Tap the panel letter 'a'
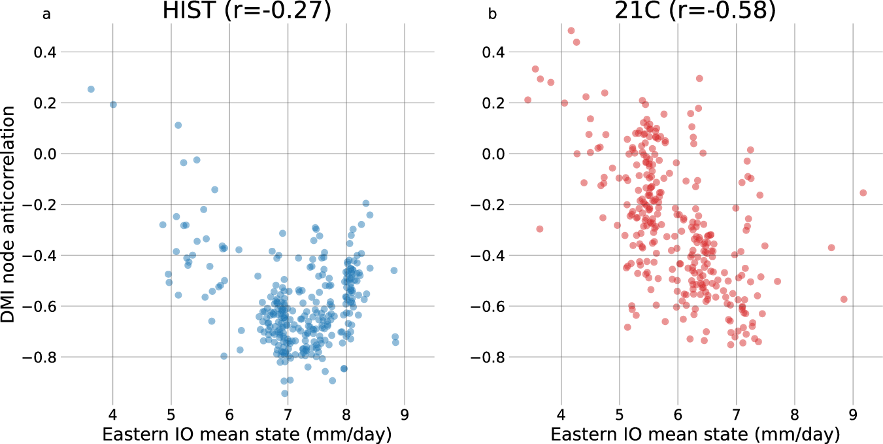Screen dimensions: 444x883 [x=46, y=14]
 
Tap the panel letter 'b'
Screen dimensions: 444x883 [x=493, y=14]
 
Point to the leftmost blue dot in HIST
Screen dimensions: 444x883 [x=91, y=89]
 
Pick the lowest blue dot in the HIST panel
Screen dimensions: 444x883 [x=284, y=394]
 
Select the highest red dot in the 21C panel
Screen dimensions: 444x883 [x=571, y=31]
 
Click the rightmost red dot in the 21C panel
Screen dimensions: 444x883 [x=863, y=193]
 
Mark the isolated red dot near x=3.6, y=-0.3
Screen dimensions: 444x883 [x=540, y=229]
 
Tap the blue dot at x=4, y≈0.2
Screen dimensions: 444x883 [x=113, y=105]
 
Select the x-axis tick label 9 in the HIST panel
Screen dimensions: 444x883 [x=404, y=413]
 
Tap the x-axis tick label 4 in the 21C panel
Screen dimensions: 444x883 [x=561, y=413]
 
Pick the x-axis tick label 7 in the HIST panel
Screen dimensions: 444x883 [x=288, y=413]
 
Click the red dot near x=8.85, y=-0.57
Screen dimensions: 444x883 [x=844, y=299]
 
